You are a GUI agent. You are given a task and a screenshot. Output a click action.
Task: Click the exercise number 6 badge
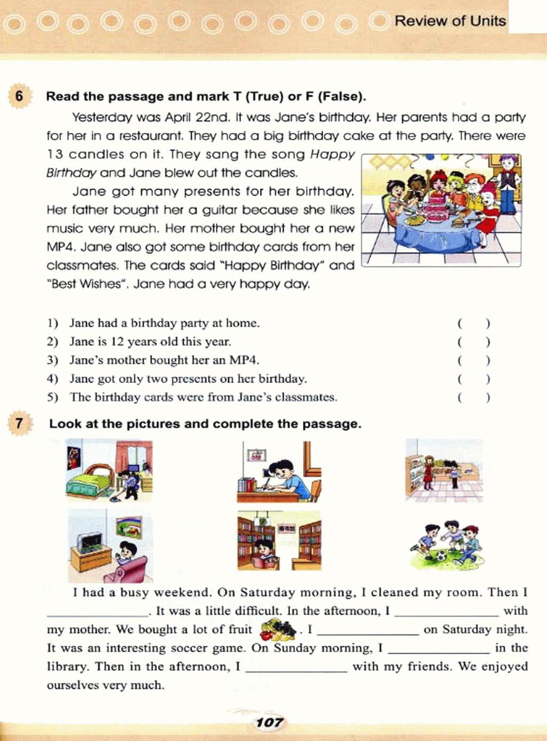[19, 97]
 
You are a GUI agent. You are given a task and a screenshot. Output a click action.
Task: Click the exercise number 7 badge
[19, 424]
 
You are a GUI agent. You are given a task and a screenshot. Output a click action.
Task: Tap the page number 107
[269, 722]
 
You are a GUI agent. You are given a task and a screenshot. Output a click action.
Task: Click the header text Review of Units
[450, 21]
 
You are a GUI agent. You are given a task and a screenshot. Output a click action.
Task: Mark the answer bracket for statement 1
[473, 323]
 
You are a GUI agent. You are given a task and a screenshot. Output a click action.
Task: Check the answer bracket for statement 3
[473, 360]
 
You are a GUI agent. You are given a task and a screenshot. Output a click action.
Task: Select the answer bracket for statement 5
[473, 397]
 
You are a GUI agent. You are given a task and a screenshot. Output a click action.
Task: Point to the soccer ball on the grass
[441, 556]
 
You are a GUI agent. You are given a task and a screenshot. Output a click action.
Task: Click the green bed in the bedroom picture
[89, 481]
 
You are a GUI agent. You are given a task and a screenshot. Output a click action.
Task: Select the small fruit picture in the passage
[278, 629]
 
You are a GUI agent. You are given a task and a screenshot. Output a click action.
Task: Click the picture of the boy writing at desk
[279, 472]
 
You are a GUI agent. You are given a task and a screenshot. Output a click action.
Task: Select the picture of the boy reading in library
[279, 541]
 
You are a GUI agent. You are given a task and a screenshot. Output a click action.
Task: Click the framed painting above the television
[129, 526]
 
